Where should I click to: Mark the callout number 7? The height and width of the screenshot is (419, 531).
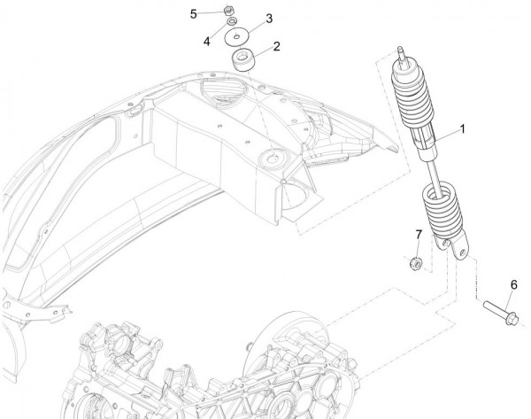click(419, 235)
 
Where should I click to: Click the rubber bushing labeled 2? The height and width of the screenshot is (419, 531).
click(242, 63)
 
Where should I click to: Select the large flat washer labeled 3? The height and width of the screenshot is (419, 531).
click(237, 37)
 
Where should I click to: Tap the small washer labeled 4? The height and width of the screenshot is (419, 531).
click(230, 22)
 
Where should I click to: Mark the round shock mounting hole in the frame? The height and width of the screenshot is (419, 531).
click(267, 160)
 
